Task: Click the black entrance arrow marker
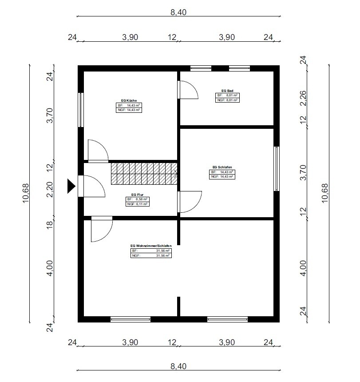click(71, 186)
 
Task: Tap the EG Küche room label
click(129, 100)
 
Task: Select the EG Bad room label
click(227, 91)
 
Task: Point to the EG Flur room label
click(137, 195)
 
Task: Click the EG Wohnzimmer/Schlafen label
click(151, 246)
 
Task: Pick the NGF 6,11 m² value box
click(138, 204)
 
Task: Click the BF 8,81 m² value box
click(227, 95)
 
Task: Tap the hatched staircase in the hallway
click(144, 174)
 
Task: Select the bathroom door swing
click(188, 90)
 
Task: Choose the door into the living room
click(102, 229)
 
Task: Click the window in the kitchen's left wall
click(81, 110)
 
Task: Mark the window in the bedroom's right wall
click(277, 169)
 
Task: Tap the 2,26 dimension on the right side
click(303, 98)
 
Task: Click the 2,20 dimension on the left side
click(50, 190)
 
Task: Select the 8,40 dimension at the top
click(178, 12)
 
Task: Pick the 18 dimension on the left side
click(50, 225)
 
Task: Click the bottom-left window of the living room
click(131, 319)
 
